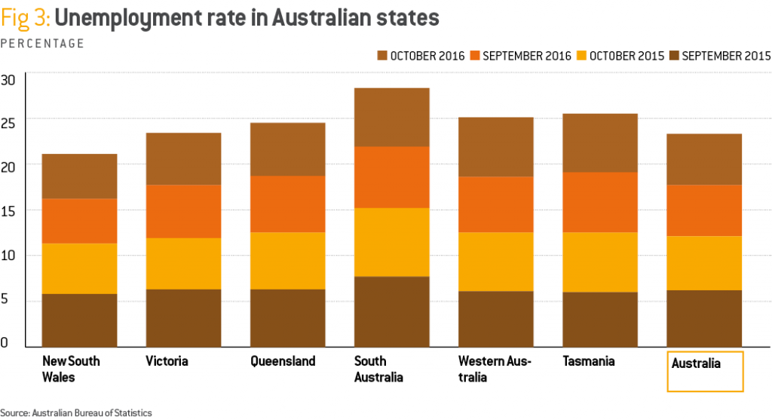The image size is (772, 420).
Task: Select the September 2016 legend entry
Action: pyautogui.click(x=521, y=56)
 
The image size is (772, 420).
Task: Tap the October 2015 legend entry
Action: pyautogui.click(x=620, y=56)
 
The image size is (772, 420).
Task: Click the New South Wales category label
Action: pyautogui.click(x=71, y=369)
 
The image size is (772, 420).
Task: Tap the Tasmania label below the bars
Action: pyautogui.click(x=589, y=361)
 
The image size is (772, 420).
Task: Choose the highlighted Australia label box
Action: pyautogui.click(x=705, y=371)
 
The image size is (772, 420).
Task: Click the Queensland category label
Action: pyautogui.click(x=283, y=361)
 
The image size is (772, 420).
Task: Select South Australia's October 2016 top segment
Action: pyautogui.click(x=391, y=117)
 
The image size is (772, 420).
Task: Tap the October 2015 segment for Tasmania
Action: pyautogui.click(x=600, y=262)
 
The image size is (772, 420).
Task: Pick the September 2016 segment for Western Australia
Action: pyautogui.click(x=496, y=204)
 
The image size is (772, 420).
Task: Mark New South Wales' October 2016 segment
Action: pyautogui.click(x=79, y=176)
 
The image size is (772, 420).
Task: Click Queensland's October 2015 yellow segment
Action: pyautogui.click(x=287, y=260)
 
